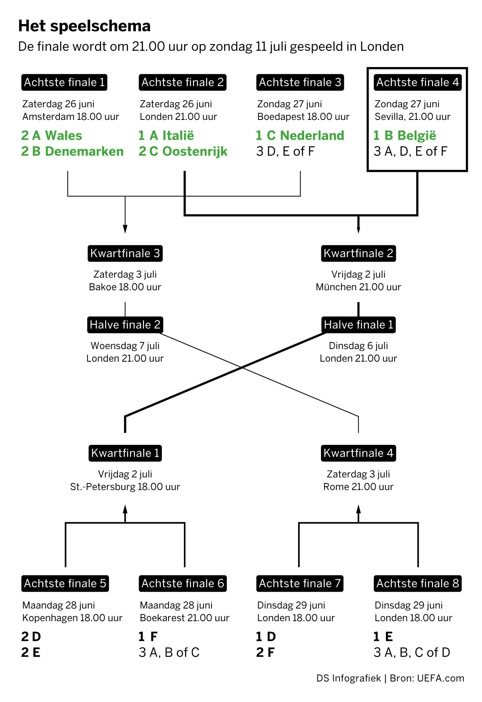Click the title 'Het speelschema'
(x=84, y=26)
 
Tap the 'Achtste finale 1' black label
(x=64, y=82)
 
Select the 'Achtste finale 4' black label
(x=417, y=82)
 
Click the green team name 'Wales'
(x=64, y=136)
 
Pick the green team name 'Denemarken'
(x=84, y=151)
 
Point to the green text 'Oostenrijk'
(x=195, y=151)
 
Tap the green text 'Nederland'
(x=312, y=136)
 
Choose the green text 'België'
(x=417, y=136)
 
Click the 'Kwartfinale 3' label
(x=125, y=253)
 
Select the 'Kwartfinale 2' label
(x=358, y=253)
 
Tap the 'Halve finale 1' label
(x=358, y=325)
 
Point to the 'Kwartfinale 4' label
(x=358, y=453)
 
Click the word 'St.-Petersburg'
(x=103, y=487)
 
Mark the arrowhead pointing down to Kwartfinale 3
(x=125, y=229)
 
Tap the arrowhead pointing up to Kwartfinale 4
(x=358, y=509)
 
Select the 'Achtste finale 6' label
(x=183, y=583)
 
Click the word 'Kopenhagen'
(x=47, y=618)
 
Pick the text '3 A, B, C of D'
(x=412, y=653)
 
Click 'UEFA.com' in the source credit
(x=441, y=678)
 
